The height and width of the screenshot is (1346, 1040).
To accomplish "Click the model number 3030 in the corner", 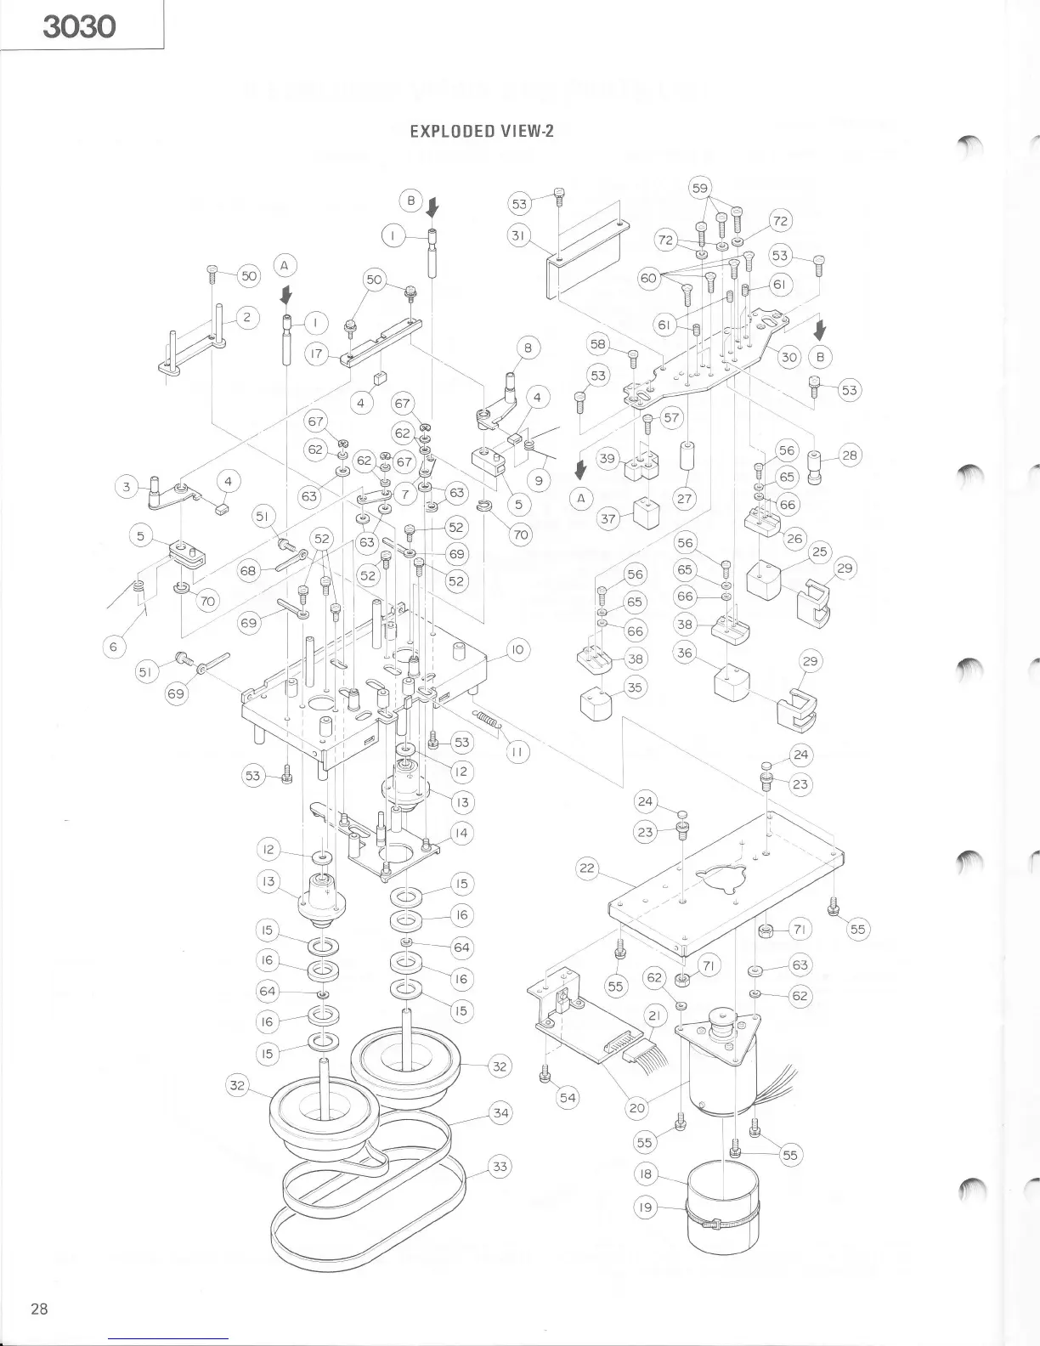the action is tap(79, 26).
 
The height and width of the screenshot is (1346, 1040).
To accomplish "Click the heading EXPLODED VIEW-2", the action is tap(482, 131).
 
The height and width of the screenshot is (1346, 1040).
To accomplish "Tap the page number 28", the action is tap(39, 1309).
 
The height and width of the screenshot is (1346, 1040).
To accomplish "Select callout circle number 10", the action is tap(518, 651).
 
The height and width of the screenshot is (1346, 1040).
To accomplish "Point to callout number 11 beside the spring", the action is tap(518, 752).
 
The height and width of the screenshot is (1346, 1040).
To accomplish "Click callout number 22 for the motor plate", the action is tap(587, 869).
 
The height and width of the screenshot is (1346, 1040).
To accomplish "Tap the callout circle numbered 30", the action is tap(789, 356).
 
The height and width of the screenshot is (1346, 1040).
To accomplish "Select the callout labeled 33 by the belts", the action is tap(500, 1167).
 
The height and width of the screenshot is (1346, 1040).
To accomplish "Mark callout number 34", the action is tap(501, 1111).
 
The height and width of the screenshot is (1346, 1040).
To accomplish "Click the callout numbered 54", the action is tap(568, 1098).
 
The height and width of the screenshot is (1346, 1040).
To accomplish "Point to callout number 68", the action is tap(248, 570).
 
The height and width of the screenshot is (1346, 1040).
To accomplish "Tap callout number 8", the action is tap(528, 347).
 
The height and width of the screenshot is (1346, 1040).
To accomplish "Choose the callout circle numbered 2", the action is tap(247, 318).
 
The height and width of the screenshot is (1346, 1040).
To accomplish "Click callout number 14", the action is tap(461, 834).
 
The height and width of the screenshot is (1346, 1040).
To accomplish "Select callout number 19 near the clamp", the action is tap(647, 1207).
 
